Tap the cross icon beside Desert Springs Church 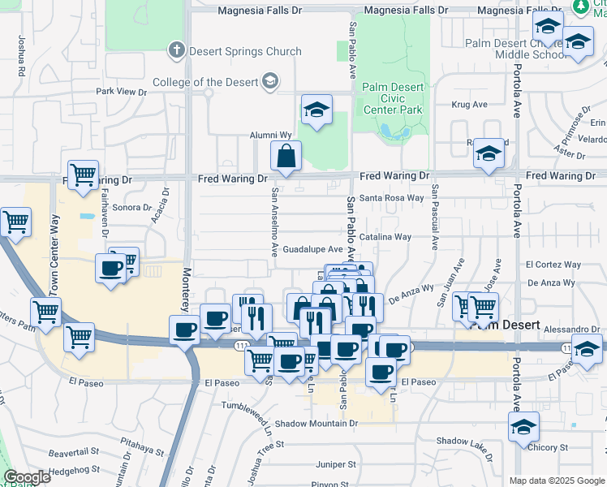(176, 51)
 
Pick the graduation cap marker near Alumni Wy (316, 109)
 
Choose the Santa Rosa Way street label (392, 198)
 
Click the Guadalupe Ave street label (312, 249)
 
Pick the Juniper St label (335, 464)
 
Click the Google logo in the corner (26, 477)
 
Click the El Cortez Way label (553, 265)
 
